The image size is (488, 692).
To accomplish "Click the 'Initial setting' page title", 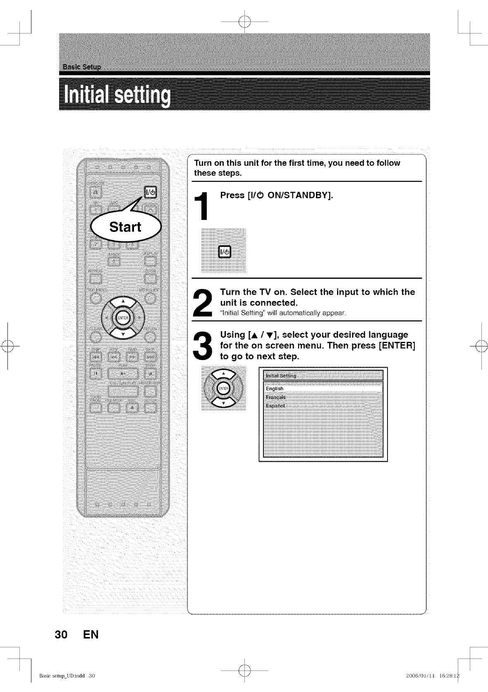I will (x=117, y=95).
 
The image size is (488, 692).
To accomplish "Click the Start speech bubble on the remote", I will (x=125, y=227).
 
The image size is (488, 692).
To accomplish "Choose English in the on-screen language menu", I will (x=275, y=389).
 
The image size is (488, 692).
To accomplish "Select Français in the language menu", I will (x=276, y=397).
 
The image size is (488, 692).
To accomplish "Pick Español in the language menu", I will (x=275, y=406).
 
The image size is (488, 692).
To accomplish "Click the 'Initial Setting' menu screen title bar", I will (x=323, y=376).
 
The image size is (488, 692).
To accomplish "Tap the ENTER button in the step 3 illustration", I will (x=223, y=389).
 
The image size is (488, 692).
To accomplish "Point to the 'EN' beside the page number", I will (x=91, y=635).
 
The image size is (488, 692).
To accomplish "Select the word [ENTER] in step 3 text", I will (x=397, y=346).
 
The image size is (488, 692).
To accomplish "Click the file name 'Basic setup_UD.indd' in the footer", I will (x=62, y=676).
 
